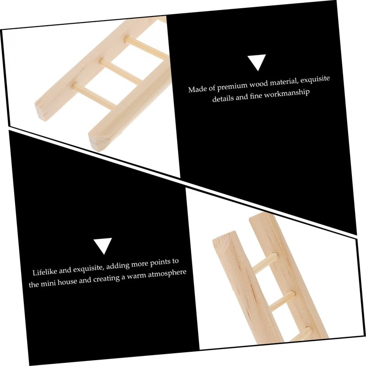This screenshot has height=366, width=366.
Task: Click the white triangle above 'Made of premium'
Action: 257,62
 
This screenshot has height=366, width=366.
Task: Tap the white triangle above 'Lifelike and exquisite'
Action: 103,245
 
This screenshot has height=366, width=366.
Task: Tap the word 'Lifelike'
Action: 44,272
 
